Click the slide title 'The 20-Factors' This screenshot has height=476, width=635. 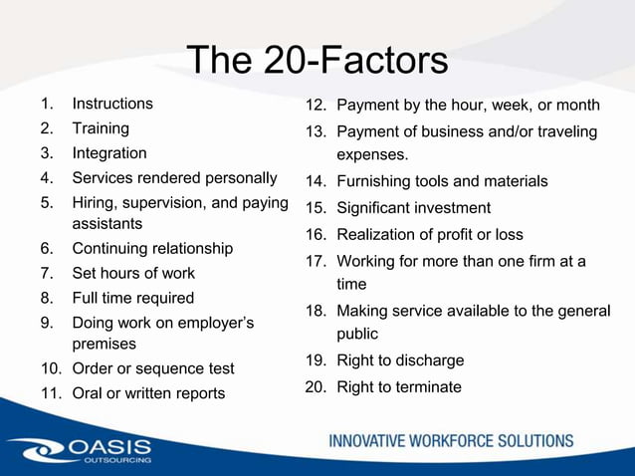click(317, 60)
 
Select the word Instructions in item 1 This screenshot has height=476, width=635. click(112, 104)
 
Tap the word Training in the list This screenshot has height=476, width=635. click(101, 128)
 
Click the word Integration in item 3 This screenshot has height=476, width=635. click(108, 153)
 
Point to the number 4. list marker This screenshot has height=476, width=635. click(47, 179)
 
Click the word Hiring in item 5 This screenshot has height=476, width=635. click(95, 204)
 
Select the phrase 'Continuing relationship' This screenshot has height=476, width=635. click(152, 249)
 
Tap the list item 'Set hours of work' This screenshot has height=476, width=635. click(133, 273)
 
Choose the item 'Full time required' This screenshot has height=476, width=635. click(133, 298)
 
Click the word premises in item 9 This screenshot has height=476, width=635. click(105, 344)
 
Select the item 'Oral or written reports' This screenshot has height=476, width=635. click(148, 393)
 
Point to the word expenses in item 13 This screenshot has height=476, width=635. click(371, 155)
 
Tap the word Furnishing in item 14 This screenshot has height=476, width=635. click(374, 181)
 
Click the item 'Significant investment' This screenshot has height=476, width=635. click(413, 208)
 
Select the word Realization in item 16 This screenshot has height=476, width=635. click(378, 235)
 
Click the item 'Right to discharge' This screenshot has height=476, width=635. click(400, 360)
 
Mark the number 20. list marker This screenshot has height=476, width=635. click(316, 386)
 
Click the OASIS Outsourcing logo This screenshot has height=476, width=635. click(80, 450)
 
